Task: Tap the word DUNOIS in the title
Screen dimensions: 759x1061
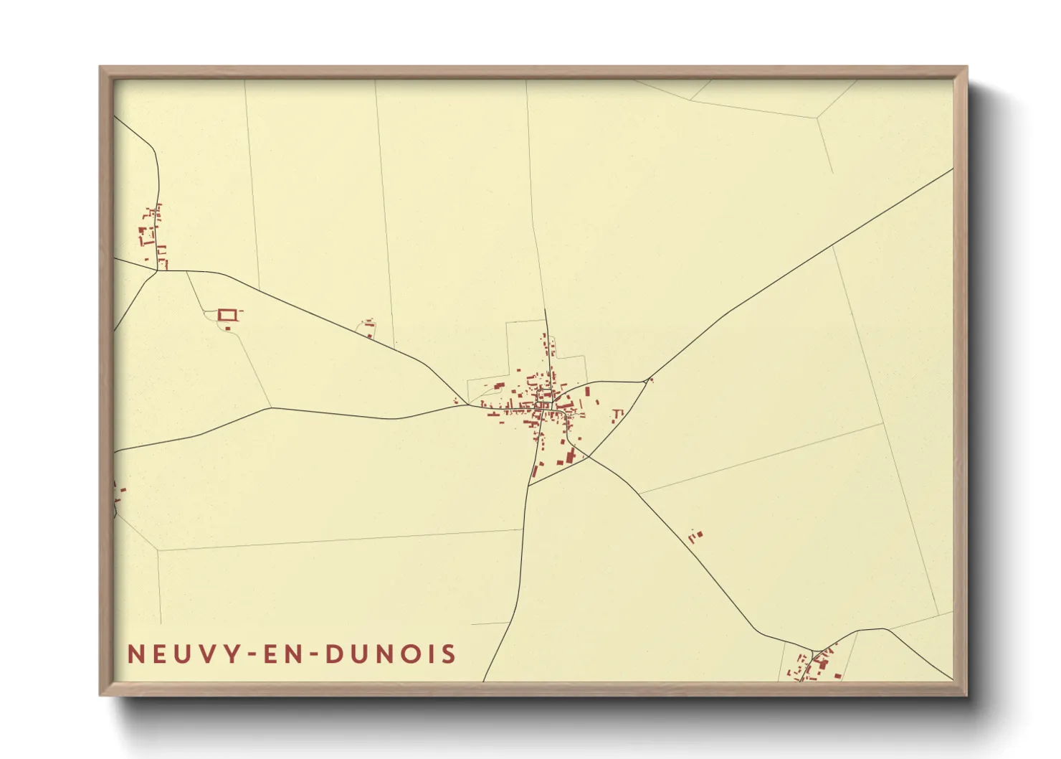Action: pyautogui.click(x=390, y=654)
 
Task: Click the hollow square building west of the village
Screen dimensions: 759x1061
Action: pyautogui.click(x=227, y=314)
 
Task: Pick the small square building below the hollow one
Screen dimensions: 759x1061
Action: pyautogui.click(x=228, y=328)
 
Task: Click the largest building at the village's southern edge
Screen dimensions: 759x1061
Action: pyautogui.click(x=570, y=457)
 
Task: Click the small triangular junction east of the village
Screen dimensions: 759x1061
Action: pyautogui.click(x=649, y=379)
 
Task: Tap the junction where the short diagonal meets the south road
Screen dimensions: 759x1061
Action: pyautogui.click(x=529, y=486)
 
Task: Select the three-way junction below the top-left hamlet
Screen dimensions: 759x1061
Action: pyautogui.click(x=158, y=270)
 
